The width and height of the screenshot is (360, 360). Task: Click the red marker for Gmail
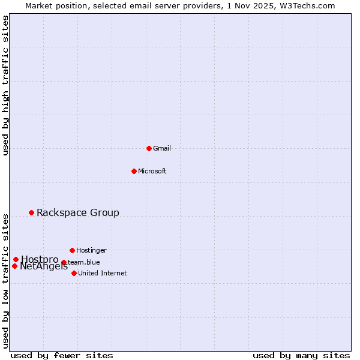click(149, 148)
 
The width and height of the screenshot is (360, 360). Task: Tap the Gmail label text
click(162, 148)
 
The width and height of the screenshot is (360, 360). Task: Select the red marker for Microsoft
click(134, 171)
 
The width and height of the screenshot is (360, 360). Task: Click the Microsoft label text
click(152, 171)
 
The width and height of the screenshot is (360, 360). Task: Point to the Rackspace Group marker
click(31, 212)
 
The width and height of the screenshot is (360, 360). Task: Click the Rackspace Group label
click(78, 212)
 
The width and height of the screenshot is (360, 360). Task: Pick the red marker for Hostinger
click(72, 250)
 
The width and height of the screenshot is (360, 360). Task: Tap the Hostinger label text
click(91, 250)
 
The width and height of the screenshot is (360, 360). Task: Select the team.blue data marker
click(64, 262)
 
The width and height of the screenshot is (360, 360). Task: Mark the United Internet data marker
click(74, 273)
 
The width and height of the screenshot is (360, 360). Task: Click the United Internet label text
click(103, 273)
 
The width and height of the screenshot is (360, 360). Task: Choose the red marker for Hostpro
click(16, 259)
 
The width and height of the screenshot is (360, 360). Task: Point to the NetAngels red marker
click(14, 266)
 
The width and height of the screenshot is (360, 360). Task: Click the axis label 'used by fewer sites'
click(62, 355)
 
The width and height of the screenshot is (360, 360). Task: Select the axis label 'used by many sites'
click(301, 355)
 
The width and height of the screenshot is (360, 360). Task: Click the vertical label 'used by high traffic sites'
click(6, 85)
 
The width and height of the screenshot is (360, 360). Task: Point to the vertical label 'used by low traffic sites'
click(6, 280)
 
